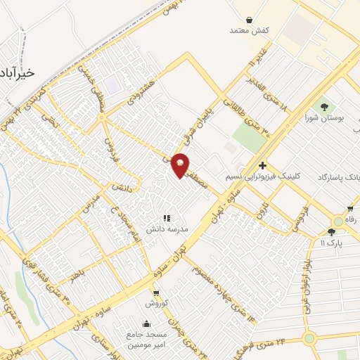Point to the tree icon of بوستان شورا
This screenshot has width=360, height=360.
(324, 107)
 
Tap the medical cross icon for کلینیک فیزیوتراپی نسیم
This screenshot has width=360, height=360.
(262, 165)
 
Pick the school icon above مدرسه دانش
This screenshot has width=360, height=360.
(167, 219)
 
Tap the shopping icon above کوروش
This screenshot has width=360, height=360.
(156, 293)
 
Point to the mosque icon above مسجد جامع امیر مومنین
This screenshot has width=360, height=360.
(146, 323)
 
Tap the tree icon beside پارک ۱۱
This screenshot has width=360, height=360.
(331, 231)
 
